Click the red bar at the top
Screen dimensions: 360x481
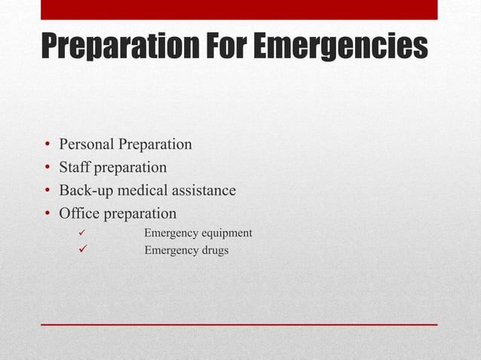pyautogui.click(x=239, y=10)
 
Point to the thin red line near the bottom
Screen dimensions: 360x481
pyautogui.click(x=239, y=325)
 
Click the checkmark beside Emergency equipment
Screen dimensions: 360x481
pyautogui.click(x=73, y=233)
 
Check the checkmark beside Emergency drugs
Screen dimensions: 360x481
pyautogui.click(x=73, y=251)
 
